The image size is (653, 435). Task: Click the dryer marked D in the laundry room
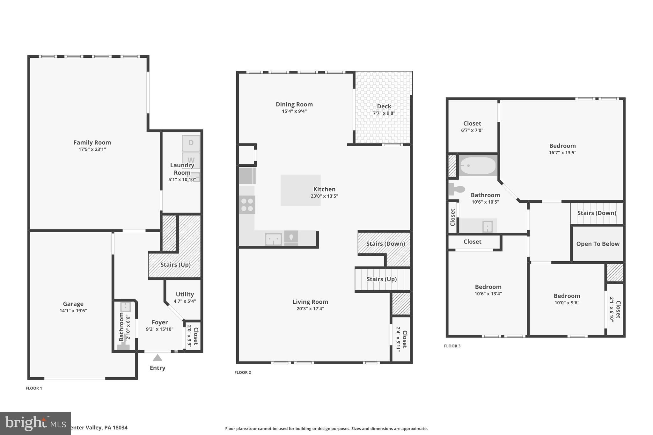click(x=191, y=143)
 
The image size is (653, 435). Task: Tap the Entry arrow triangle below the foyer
click(x=157, y=358)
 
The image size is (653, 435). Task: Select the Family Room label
click(x=92, y=142)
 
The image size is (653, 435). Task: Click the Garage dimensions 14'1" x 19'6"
click(x=73, y=311)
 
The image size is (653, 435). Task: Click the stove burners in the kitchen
click(x=247, y=205)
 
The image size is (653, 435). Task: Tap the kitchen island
click(x=300, y=190)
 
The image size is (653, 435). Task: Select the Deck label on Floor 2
click(x=384, y=106)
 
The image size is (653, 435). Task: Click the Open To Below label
click(x=598, y=244)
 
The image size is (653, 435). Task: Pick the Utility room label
click(x=185, y=294)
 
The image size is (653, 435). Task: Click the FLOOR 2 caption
click(x=243, y=373)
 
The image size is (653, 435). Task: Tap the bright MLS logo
click(x=35, y=423)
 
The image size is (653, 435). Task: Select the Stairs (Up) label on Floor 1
click(x=175, y=265)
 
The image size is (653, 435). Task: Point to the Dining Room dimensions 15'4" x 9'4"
click(x=294, y=111)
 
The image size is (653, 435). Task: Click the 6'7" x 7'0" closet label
click(x=472, y=130)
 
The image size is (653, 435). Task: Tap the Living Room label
click(x=310, y=301)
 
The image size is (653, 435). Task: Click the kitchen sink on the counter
click(x=273, y=239)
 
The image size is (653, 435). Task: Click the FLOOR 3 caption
click(x=452, y=346)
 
